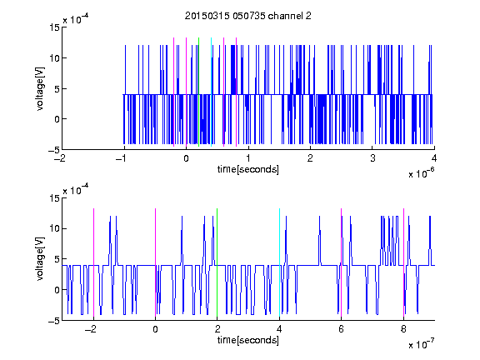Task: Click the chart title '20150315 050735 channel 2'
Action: point(248,16)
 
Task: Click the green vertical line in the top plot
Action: point(198,92)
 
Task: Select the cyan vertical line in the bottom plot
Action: point(279,262)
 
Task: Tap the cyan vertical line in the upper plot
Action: point(211,92)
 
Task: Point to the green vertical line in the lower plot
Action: point(217,262)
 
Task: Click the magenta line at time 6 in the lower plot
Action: point(342,262)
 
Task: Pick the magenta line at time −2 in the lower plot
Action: point(93,262)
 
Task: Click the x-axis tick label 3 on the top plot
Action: point(372,158)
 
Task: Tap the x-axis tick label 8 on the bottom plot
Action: point(403,329)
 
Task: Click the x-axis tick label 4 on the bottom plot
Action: point(279,329)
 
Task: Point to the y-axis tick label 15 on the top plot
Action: point(54,27)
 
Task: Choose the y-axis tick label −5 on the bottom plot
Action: point(54,321)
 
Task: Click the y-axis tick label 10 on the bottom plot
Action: point(54,228)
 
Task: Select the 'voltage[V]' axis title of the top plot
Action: point(40,88)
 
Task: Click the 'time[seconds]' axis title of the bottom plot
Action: point(248,340)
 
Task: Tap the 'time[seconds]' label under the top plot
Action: point(248,169)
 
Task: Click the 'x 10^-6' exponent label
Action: point(421,173)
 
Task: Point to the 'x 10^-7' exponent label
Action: point(421,344)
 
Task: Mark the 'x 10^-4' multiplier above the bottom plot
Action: point(76,189)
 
